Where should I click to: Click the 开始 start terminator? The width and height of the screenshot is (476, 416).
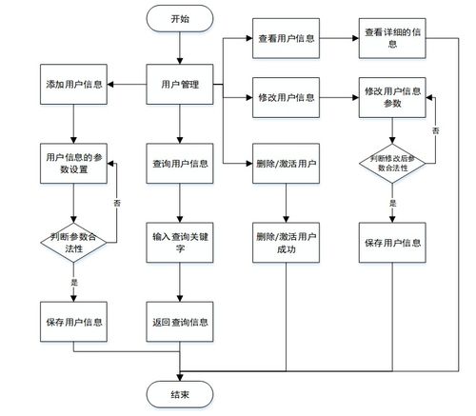point(180,18)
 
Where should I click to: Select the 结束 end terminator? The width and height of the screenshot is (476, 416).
point(180,393)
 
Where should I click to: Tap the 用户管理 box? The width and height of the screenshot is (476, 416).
point(180,85)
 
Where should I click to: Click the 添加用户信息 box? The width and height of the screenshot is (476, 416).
point(73,85)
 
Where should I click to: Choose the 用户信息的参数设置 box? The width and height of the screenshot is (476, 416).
point(73,163)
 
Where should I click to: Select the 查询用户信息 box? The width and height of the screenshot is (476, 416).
point(180,163)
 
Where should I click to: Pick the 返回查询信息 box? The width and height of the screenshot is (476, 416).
point(180,322)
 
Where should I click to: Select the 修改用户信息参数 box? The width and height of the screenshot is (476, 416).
point(392,96)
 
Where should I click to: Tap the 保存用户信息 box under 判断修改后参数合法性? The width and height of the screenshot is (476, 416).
point(392,243)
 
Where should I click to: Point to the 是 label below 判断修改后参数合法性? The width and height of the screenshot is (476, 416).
point(392,203)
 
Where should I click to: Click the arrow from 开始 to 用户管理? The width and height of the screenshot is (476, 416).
point(180,49)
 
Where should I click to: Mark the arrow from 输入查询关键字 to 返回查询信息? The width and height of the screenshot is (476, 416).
point(180,283)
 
